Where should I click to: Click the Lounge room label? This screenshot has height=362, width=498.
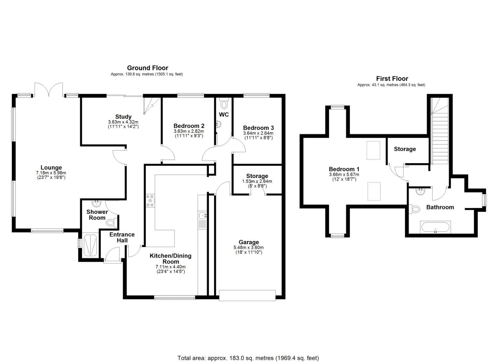point(51,168)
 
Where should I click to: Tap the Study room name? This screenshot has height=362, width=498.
point(123,117)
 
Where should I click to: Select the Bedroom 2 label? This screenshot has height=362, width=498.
point(189,126)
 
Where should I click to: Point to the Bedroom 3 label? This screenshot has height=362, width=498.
point(258,128)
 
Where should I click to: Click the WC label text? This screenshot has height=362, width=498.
point(224,115)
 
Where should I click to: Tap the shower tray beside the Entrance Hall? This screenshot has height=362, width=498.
point(90,245)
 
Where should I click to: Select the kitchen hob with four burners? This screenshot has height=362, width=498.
point(150,200)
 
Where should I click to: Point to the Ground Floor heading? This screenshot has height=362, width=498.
point(147,68)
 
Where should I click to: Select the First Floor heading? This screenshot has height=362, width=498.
point(392,79)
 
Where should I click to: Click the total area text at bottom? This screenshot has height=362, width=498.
point(248,358)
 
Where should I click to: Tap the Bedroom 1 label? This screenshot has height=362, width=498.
point(344,169)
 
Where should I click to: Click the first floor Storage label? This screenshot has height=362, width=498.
point(404,149)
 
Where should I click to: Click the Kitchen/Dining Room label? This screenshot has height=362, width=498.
point(170,258)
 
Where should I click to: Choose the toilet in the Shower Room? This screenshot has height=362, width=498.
point(112,222)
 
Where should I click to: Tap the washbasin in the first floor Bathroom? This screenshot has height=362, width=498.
point(420,191)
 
